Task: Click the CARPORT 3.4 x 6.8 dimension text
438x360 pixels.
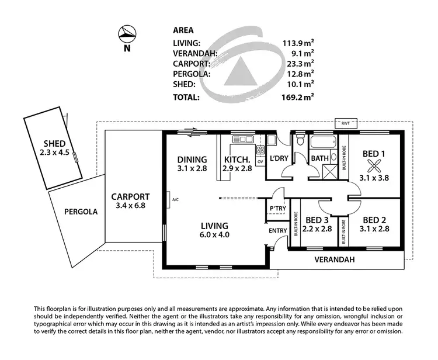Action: click(130, 206)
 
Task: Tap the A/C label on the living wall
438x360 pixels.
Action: click(175, 200)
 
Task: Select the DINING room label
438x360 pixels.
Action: click(192, 159)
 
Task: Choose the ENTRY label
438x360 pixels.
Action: click(278, 231)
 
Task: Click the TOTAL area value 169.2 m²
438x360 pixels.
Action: click(298, 98)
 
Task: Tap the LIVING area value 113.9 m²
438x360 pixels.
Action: click(298, 43)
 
